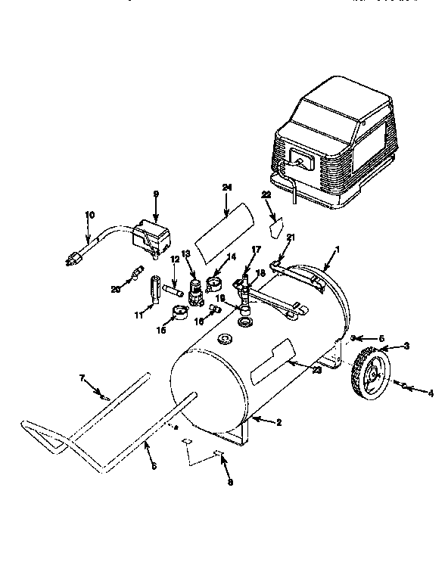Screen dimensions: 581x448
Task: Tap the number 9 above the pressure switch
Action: click(x=156, y=194)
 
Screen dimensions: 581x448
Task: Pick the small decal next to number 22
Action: click(x=276, y=224)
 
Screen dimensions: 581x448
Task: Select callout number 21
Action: click(x=291, y=238)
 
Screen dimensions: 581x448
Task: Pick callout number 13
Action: click(x=186, y=253)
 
